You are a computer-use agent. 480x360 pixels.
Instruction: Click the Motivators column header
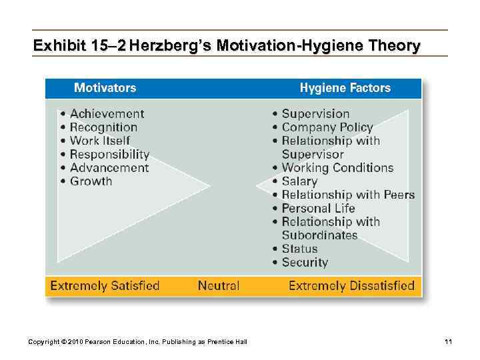pyautogui.click(x=105, y=88)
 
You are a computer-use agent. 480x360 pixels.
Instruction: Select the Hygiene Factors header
pyautogui.click(x=345, y=88)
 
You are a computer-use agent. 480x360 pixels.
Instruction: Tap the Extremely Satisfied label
pyautogui.click(x=105, y=286)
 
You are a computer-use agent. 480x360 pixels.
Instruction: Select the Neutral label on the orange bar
pyautogui.click(x=218, y=286)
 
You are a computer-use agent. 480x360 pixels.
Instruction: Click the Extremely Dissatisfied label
pyautogui.click(x=351, y=286)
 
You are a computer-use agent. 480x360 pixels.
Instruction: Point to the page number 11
pyautogui.click(x=449, y=342)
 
